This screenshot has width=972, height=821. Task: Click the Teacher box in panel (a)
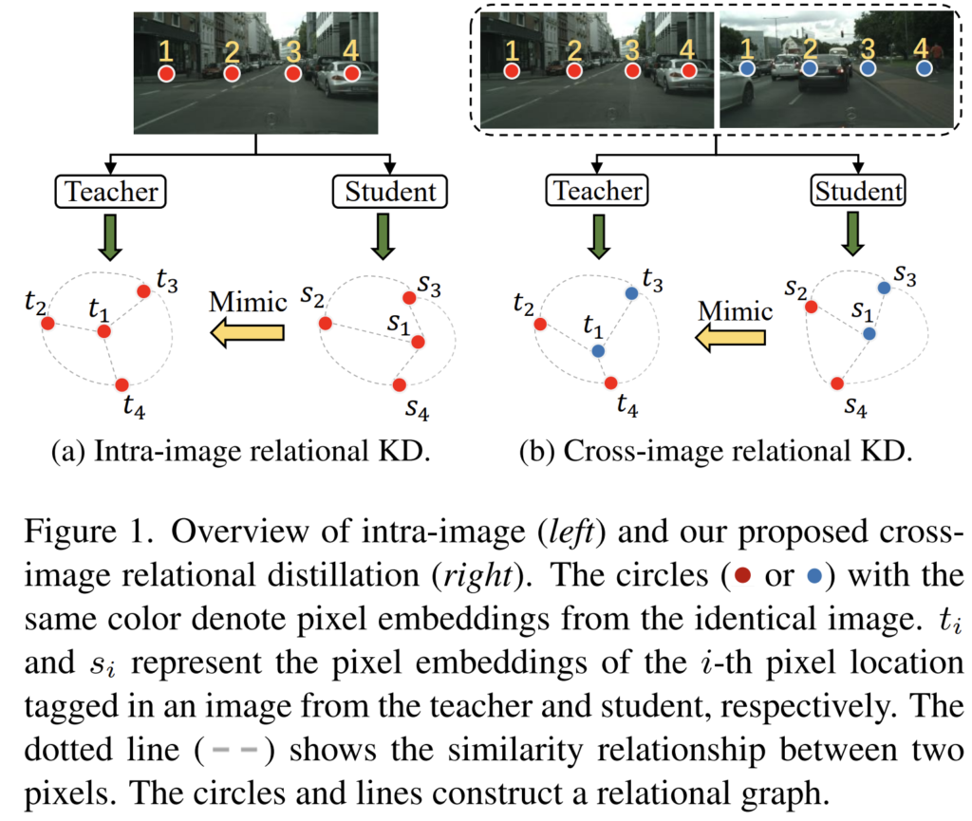coord(112,192)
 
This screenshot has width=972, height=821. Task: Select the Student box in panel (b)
coord(857,192)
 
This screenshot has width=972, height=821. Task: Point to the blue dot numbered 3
coord(868,69)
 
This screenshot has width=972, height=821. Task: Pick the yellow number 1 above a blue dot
coord(746,46)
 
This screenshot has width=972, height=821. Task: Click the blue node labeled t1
coord(597,351)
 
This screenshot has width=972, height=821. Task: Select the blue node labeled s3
coord(884,286)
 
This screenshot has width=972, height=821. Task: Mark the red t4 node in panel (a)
coord(121,384)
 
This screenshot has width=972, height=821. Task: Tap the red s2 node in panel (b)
coord(811,307)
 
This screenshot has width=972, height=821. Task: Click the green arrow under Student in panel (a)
coord(383,234)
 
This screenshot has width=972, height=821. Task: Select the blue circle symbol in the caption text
coord(813,577)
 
